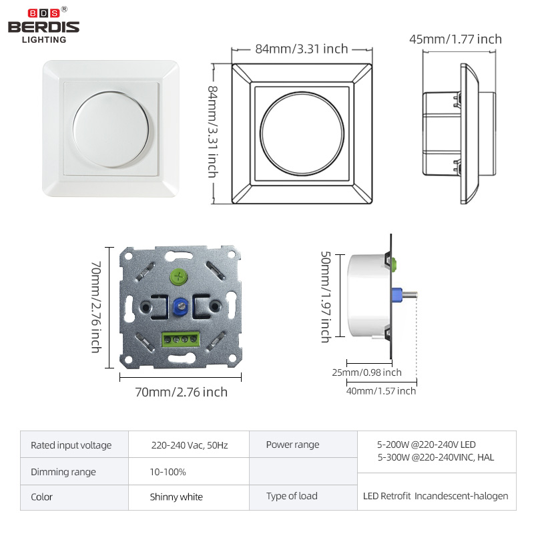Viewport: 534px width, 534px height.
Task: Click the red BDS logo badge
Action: [43, 13]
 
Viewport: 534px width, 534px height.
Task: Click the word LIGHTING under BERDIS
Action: [44, 40]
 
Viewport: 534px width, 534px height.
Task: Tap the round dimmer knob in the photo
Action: [111, 129]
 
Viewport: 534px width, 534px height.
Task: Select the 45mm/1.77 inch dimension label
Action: [456, 39]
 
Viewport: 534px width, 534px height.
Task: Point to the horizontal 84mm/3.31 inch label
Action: [302, 49]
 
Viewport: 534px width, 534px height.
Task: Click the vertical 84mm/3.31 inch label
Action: [213, 131]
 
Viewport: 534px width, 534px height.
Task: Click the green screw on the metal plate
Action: [178, 277]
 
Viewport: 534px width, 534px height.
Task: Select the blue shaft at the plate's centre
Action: [180, 306]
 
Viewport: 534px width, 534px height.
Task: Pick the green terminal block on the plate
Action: [180, 339]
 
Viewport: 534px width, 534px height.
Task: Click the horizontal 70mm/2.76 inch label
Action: [181, 392]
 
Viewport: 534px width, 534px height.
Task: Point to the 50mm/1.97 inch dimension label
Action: [326, 297]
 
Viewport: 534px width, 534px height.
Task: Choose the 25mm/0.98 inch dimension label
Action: [366, 372]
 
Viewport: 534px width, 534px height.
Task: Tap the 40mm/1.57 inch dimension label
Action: [381, 391]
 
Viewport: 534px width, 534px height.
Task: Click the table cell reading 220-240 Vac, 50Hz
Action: [190, 445]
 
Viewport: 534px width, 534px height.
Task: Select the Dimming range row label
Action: [63, 472]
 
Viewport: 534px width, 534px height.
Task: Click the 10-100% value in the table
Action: [168, 472]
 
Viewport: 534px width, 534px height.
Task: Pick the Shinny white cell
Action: [176, 497]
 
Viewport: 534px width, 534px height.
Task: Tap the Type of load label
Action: [292, 496]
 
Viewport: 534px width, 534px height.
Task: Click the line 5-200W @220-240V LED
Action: [427, 445]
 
